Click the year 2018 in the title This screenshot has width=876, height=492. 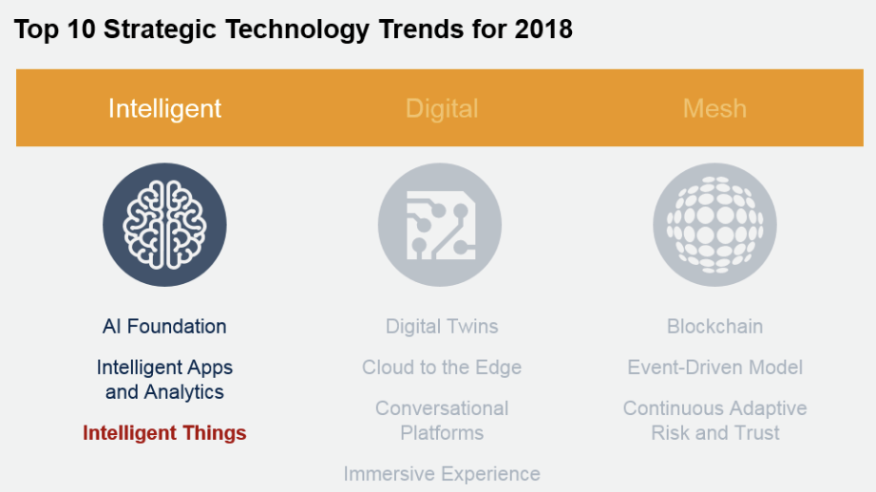coord(543,29)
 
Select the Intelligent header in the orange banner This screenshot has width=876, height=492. coord(164,109)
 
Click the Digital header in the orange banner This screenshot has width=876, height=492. coord(442,109)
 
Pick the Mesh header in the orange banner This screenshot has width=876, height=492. coord(714,108)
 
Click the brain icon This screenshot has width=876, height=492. coord(164,224)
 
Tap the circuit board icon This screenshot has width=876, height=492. coord(440,224)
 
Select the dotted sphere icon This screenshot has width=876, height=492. coord(714,224)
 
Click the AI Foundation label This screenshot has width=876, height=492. coord(164,327)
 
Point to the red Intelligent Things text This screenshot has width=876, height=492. coord(164,433)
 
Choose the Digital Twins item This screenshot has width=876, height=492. coord(442,327)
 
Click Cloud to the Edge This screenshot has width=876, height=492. coord(442,368)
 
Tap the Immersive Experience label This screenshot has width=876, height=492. coord(442,474)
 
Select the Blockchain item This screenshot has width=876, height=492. coord(714,327)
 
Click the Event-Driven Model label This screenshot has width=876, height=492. coord(714,368)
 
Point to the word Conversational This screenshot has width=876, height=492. coord(442,408)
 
